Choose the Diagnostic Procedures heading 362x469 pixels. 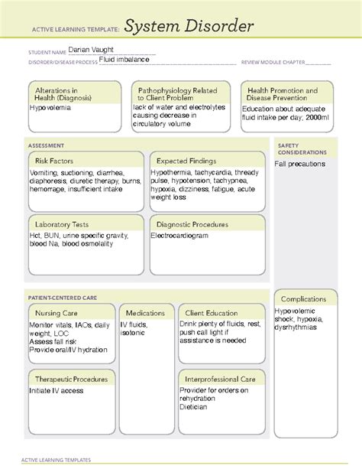click(x=192, y=224)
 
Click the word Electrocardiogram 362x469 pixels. click(x=184, y=236)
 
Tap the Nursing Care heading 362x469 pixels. click(x=56, y=313)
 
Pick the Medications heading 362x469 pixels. click(x=145, y=313)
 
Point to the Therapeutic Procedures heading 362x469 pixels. click(x=71, y=379)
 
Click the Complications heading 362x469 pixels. click(x=304, y=298)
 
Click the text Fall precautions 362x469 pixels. click(x=302, y=164)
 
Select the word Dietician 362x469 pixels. click(x=195, y=408)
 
